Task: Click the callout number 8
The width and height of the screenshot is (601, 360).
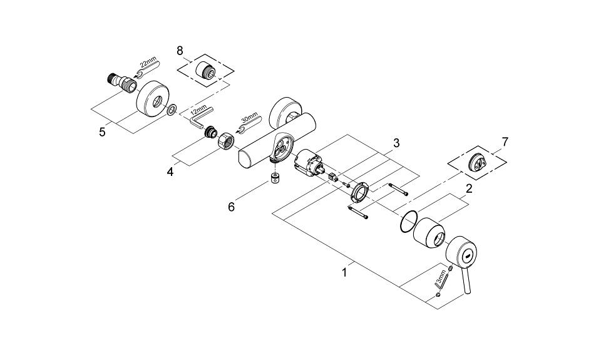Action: tap(180, 50)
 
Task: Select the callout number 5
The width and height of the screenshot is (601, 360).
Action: tap(102, 132)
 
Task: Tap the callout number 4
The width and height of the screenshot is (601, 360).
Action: tap(170, 172)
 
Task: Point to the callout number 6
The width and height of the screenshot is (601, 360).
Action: tap(231, 207)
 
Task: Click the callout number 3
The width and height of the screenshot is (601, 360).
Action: tap(396, 143)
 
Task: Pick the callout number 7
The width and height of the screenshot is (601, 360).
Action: tap(505, 142)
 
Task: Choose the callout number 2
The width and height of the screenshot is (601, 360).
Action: tap(469, 188)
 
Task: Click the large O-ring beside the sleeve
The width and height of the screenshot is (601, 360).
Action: tap(408, 222)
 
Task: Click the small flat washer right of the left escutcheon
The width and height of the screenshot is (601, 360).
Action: tap(172, 109)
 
